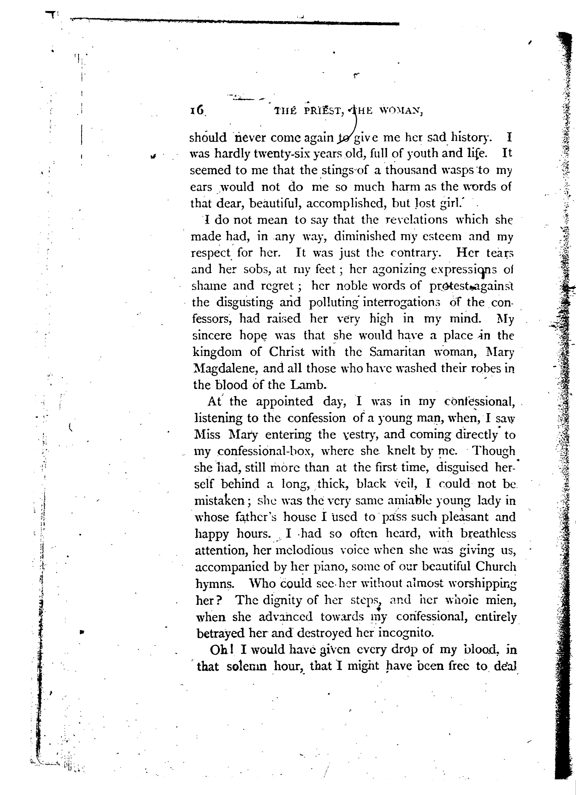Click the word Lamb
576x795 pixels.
[309, 385]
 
